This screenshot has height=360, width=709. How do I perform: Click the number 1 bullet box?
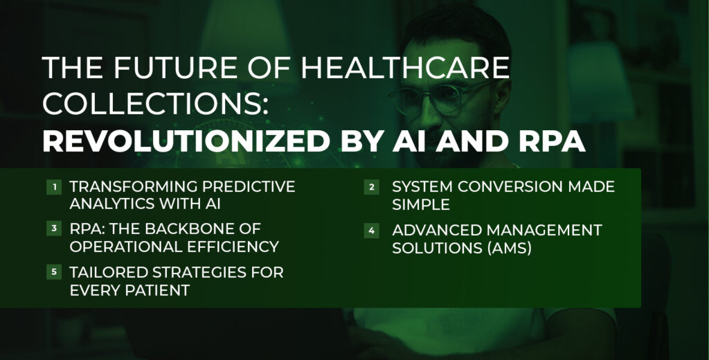54,187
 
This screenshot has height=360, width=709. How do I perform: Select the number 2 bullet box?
371,187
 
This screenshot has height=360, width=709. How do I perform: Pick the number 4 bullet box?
371,230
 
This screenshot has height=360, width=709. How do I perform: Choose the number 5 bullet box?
54,272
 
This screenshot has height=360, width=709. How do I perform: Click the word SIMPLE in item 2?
421,204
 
